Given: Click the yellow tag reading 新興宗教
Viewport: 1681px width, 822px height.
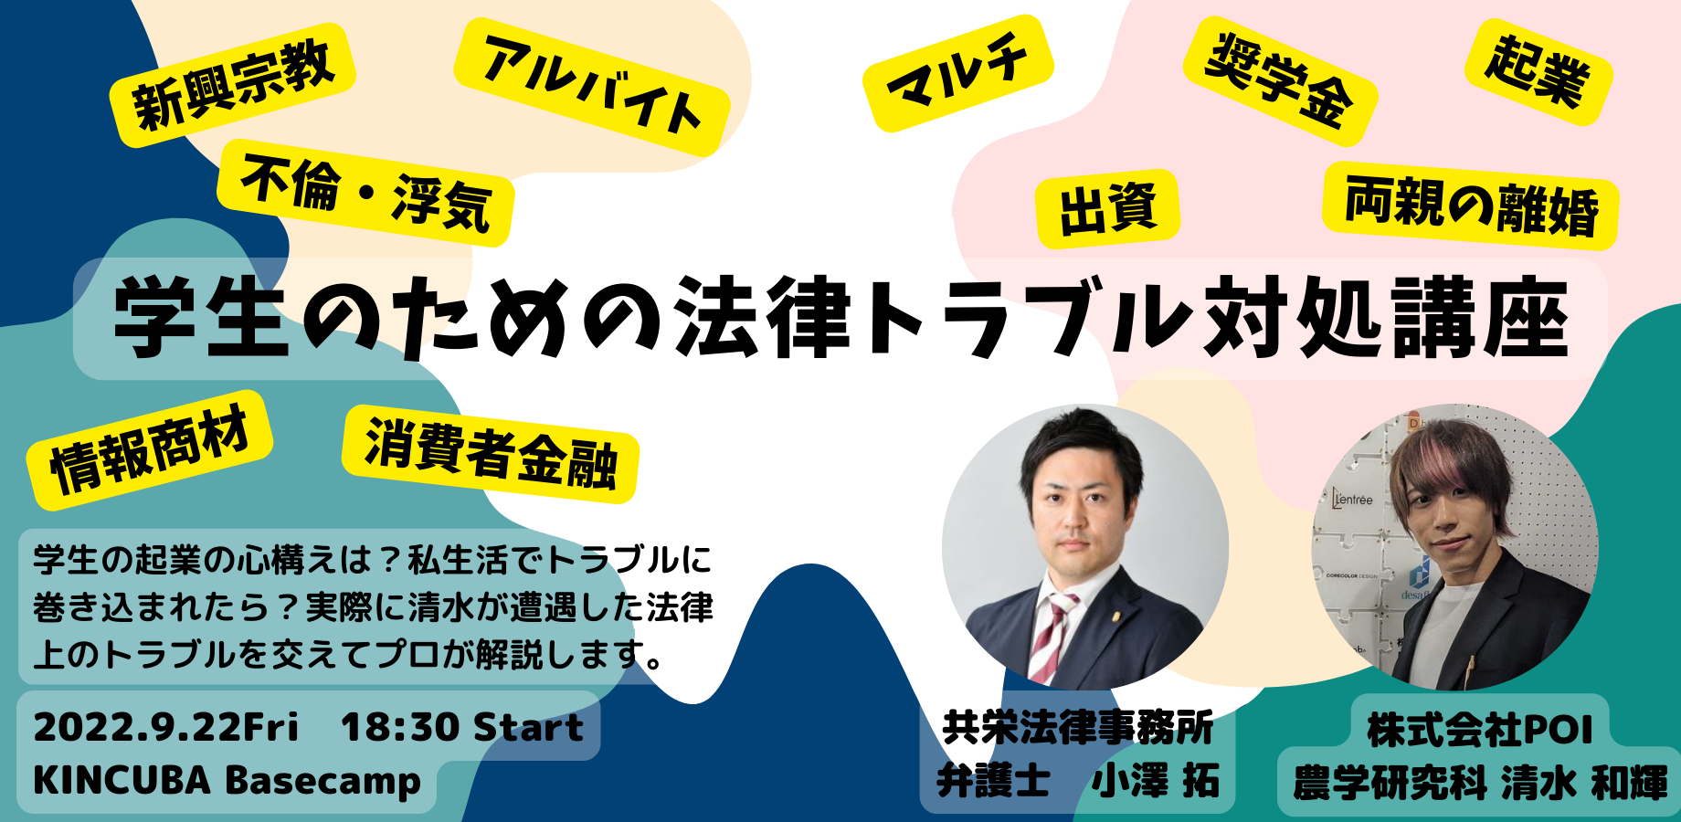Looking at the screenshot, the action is (232, 85).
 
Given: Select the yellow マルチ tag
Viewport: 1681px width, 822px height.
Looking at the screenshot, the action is (957, 72).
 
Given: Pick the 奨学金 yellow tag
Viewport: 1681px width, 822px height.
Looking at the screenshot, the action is (1280, 80).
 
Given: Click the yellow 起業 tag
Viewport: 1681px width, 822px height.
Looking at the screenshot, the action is (1538, 72).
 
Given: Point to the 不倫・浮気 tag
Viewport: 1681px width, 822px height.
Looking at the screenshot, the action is (365, 193).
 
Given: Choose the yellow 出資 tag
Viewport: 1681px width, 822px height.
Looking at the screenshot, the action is (1107, 209).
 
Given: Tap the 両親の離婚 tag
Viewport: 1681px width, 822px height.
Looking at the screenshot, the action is (1470, 205).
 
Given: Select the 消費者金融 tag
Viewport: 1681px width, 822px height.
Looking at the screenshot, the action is (491, 454).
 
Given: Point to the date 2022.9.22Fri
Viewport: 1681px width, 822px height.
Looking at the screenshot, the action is (166, 727).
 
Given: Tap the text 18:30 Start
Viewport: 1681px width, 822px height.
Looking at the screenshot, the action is (462, 727).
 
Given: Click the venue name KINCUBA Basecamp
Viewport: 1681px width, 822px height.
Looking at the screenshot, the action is (227, 781).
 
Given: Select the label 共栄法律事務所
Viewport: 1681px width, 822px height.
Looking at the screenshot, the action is (1077, 728).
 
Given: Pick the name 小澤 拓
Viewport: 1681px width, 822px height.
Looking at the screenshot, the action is (1155, 781).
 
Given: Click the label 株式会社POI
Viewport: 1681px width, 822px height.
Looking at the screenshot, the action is (1480, 730).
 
